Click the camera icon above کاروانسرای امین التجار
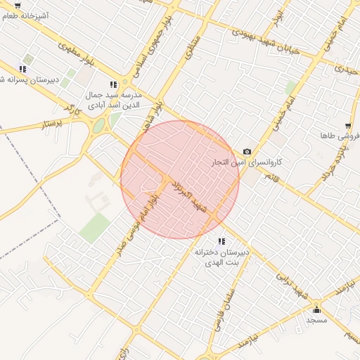247,152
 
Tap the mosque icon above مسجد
316,309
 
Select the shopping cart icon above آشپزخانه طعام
18,6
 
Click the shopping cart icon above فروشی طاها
347,126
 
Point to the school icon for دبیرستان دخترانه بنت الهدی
222,241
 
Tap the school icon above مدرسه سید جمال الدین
114,84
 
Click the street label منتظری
192,47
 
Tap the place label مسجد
316,319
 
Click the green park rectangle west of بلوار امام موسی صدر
95,227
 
